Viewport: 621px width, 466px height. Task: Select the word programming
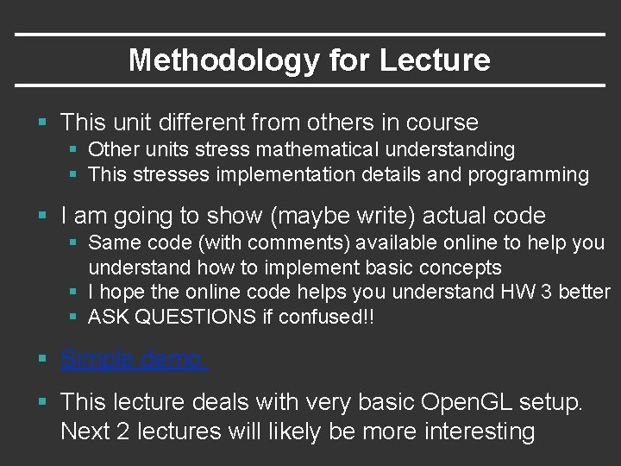click(x=528, y=174)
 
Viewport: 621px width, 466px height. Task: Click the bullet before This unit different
click(x=43, y=123)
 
